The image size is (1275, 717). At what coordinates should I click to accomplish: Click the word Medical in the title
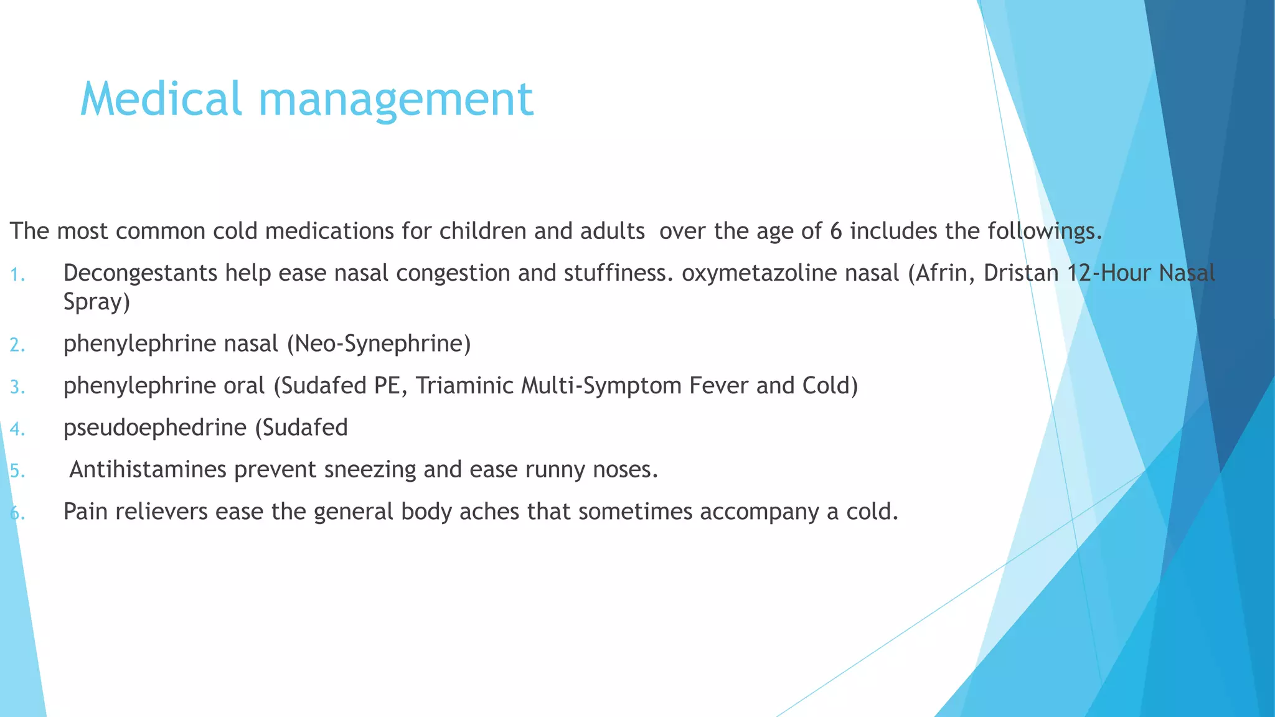click(161, 100)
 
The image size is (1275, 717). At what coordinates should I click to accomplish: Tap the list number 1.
click(17, 274)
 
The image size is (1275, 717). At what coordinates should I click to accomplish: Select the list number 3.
click(17, 387)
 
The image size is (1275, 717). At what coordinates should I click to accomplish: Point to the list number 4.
click(17, 429)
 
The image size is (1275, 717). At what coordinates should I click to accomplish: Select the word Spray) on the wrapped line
click(96, 302)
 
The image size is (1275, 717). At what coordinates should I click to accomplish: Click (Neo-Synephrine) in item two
click(379, 344)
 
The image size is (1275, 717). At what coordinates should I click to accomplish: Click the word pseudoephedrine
click(155, 428)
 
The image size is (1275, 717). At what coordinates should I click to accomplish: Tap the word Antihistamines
click(148, 469)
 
